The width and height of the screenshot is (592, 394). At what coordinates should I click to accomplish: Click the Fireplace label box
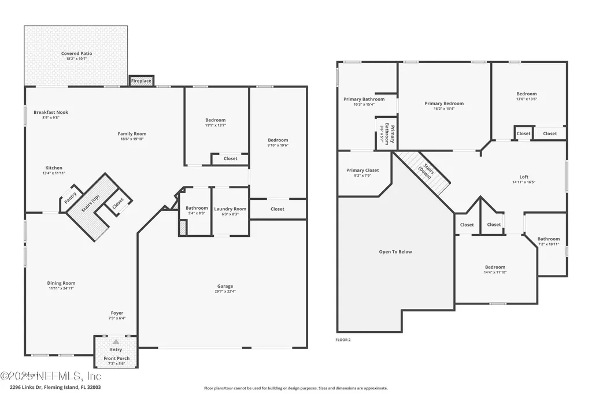tap(141, 81)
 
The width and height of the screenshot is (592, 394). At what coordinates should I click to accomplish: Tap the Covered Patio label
tap(76, 54)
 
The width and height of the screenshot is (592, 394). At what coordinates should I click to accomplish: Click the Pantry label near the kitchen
tap(70, 198)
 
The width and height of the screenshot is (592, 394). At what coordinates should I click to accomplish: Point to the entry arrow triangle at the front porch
tap(116, 343)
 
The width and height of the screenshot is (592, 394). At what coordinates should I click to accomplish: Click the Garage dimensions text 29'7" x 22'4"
tap(225, 291)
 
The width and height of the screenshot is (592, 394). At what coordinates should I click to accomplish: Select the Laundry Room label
tap(230, 209)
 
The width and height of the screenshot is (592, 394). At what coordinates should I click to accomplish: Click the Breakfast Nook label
tap(51, 113)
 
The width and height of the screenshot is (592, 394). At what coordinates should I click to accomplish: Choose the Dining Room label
tap(61, 283)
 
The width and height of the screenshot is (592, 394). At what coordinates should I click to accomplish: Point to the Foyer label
tap(117, 313)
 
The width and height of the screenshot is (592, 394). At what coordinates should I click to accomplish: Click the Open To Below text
tap(395, 252)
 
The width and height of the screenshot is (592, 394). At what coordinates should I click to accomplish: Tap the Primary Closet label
tap(363, 170)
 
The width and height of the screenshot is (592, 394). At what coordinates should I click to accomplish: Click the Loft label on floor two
tap(524, 177)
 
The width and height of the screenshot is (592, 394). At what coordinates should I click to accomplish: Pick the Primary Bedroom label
tap(444, 104)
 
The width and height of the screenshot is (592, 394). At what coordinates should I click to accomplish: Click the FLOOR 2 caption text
tap(343, 340)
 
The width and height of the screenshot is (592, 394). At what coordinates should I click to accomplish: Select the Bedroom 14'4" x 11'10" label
tap(495, 267)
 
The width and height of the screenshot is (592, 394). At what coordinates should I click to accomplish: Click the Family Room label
tap(132, 134)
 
